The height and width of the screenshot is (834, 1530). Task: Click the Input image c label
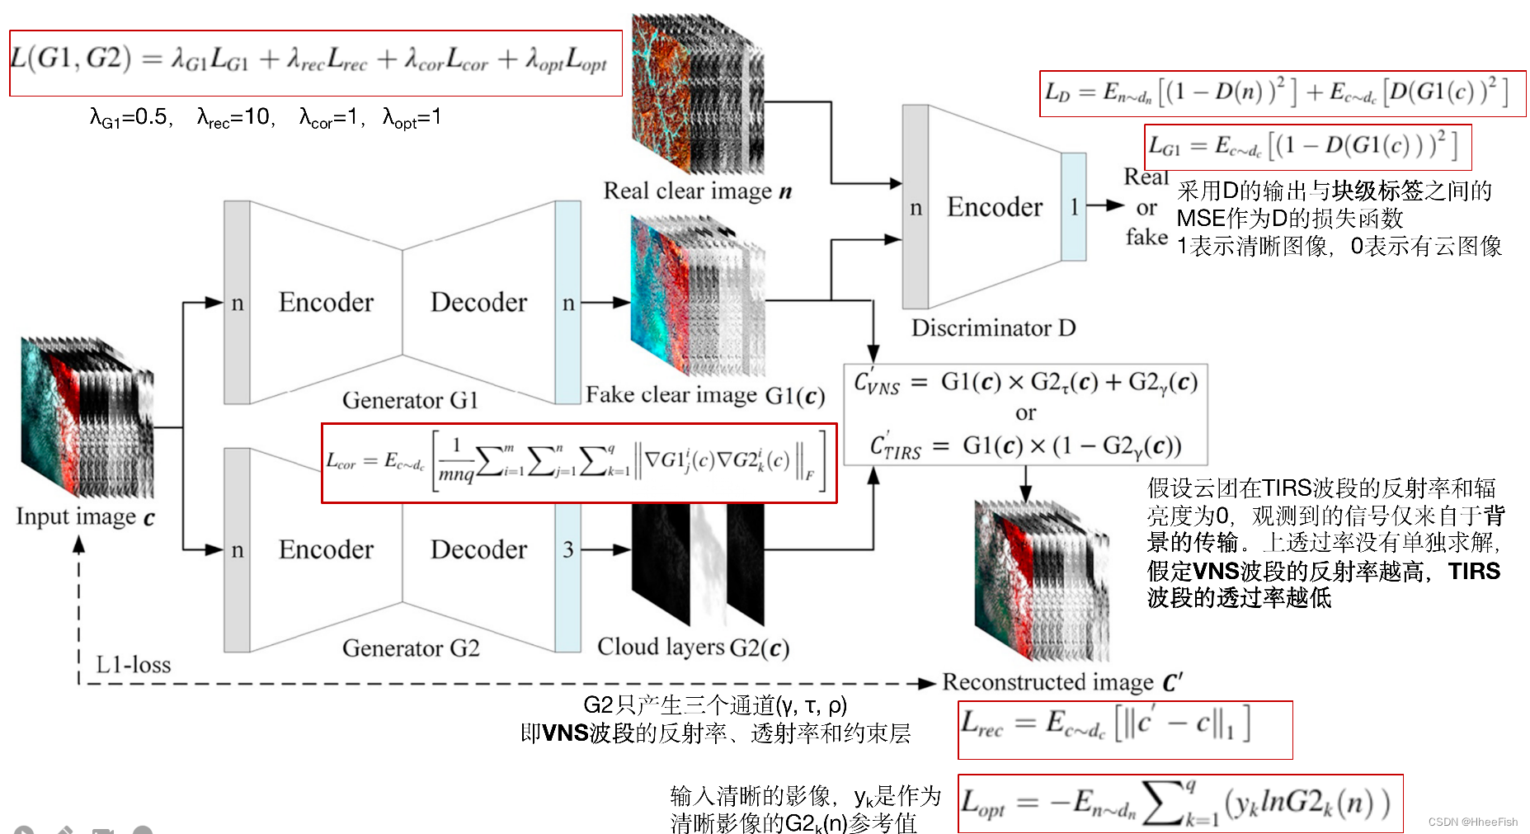[x=85, y=517]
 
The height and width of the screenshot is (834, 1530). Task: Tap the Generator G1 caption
[x=410, y=400]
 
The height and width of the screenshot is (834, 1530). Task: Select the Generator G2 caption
[x=410, y=648]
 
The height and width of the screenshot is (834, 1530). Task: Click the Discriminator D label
[x=993, y=328]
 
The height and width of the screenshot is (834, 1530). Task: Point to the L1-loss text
[x=133, y=665]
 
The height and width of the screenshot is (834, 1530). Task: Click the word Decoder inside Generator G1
[x=478, y=303]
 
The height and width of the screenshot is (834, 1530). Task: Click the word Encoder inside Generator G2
[x=326, y=550]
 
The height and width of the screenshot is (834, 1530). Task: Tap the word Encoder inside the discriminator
[x=994, y=207]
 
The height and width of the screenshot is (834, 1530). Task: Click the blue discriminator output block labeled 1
[x=1073, y=207]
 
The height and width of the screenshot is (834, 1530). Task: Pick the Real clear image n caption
[x=697, y=191]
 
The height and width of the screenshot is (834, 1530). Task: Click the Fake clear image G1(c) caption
[x=704, y=396]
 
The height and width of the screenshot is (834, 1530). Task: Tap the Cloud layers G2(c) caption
[x=693, y=648]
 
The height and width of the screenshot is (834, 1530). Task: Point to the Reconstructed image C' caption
[x=1062, y=683]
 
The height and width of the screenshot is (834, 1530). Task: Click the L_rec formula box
[x=1124, y=729]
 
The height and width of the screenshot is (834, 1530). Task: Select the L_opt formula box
[x=1179, y=803]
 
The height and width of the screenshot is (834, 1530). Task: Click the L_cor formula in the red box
[x=578, y=463]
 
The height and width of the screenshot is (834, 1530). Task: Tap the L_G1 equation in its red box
[x=1306, y=147]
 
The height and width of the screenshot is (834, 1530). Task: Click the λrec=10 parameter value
[x=236, y=118]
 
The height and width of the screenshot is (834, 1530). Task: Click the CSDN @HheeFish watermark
[x=1472, y=822]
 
